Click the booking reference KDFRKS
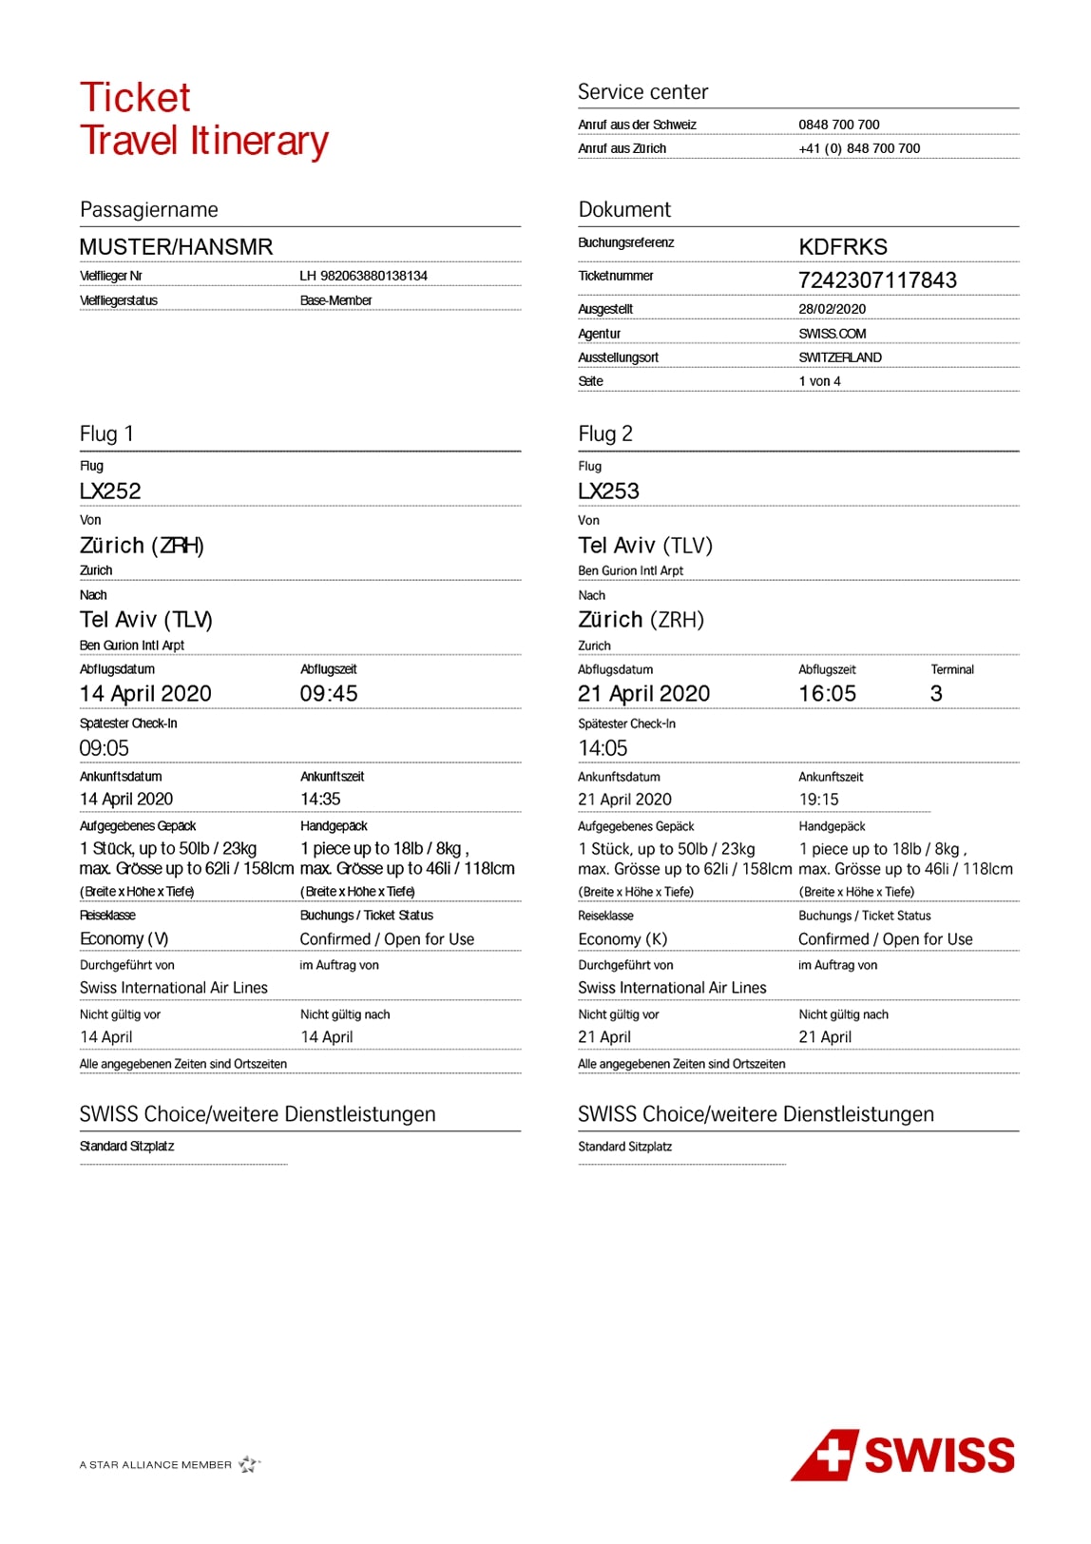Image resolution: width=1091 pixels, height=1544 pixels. [x=843, y=247]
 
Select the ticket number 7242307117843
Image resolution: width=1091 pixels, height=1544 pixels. [x=877, y=280]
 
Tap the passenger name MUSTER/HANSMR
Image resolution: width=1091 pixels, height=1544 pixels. [x=176, y=247]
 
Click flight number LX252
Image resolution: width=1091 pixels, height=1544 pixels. [x=110, y=492]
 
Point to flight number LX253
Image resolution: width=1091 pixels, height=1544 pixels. [x=608, y=492]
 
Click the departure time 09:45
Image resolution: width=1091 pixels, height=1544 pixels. [x=329, y=694]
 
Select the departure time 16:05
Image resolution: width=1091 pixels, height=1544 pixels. [x=827, y=694]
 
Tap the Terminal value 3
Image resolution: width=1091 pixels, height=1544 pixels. [x=936, y=694]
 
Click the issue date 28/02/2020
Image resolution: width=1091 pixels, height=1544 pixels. [x=832, y=309]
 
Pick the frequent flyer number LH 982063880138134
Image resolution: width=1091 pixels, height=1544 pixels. [x=363, y=276]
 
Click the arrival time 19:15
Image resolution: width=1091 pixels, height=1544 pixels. [x=818, y=800]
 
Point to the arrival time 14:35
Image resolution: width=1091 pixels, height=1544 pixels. [x=320, y=800]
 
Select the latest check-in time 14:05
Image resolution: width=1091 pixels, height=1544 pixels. [x=603, y=748]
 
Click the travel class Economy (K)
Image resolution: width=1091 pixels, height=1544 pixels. [x=622, y=939]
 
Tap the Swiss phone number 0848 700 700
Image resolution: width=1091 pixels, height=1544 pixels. [x=839, y=125]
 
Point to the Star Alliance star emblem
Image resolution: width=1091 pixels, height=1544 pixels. [x=249, y=1464]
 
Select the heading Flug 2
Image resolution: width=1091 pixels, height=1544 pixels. [x=605, y=434]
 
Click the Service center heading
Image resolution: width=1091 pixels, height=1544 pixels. [x=643, y=92]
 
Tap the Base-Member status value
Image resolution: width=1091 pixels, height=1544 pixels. [x=335, y=300]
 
